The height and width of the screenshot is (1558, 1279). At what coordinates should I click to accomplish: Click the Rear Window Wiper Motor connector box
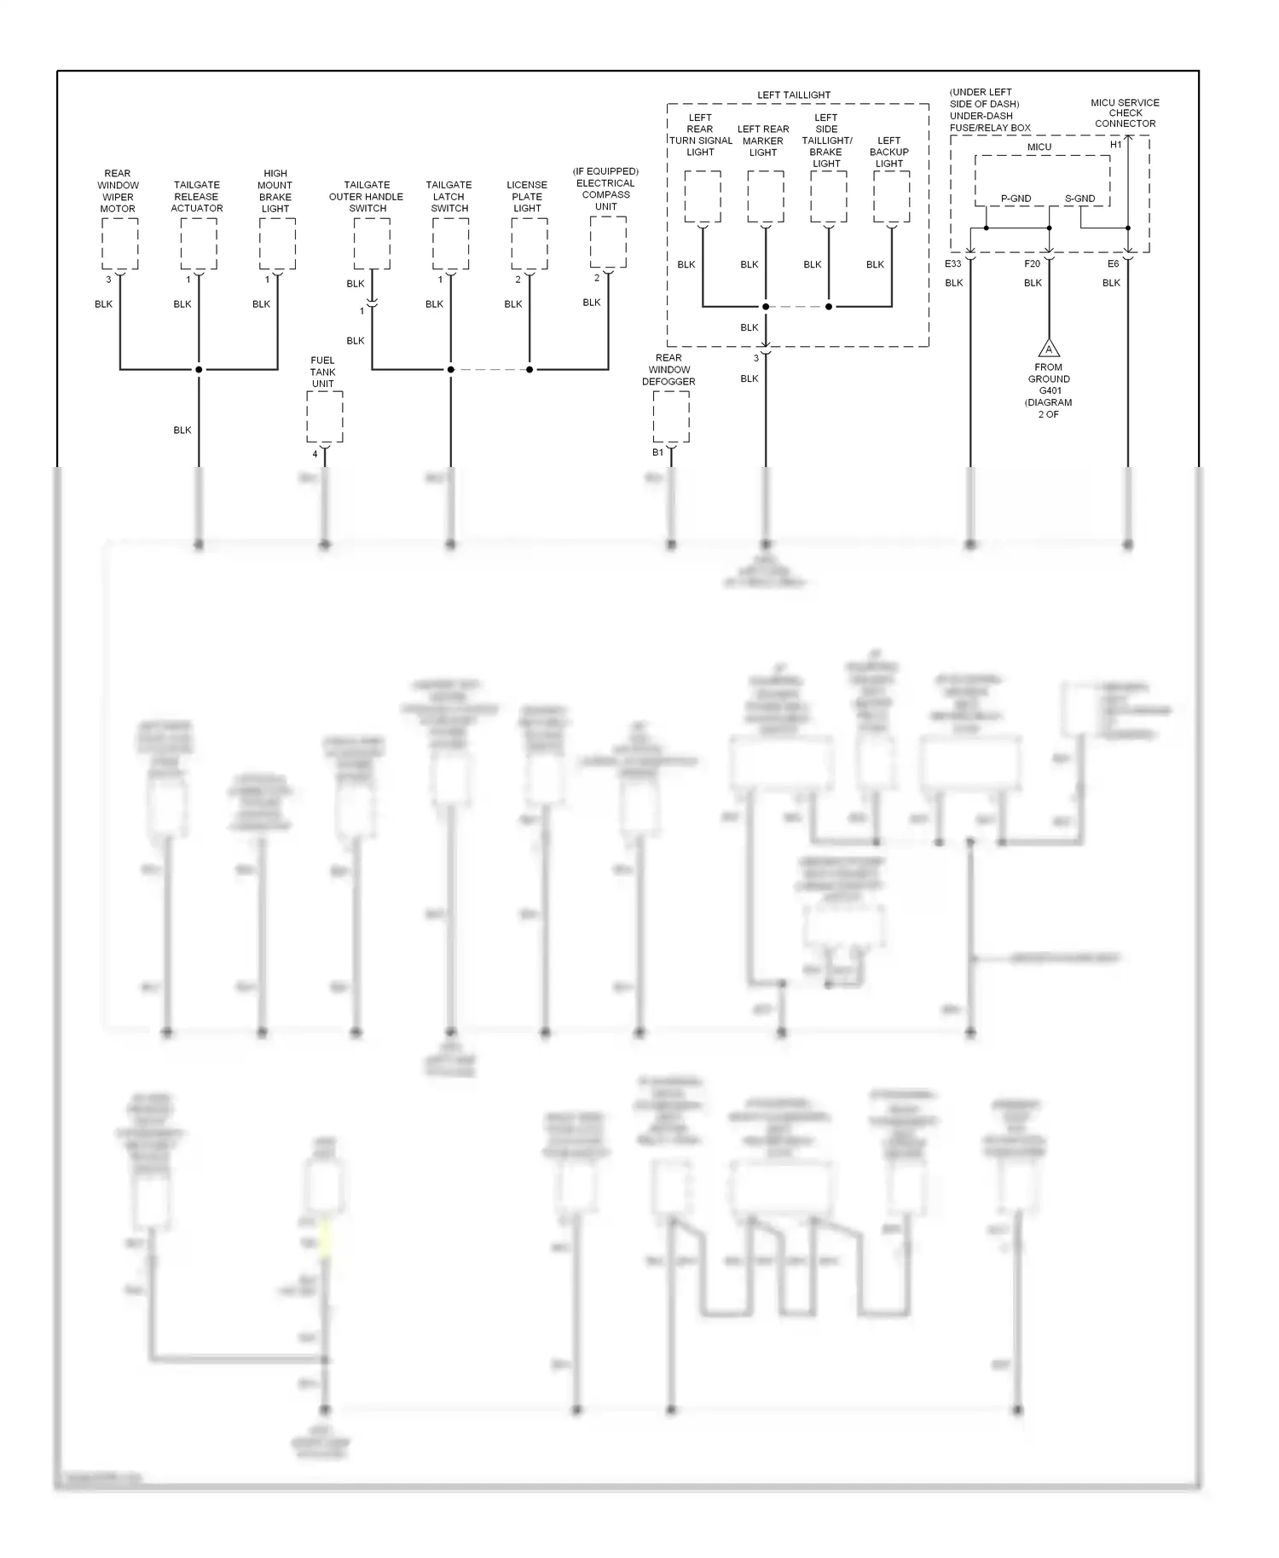[120, 244]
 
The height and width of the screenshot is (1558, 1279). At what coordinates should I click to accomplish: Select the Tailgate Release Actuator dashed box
[199, 244]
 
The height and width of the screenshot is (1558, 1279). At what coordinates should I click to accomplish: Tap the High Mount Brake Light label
[275, 191]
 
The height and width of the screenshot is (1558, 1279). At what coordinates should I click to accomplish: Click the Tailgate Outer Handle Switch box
[372, 244]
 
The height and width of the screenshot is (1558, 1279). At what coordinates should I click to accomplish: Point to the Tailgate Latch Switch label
[449, 196]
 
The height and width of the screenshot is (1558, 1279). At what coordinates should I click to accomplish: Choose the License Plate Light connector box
[530, 244]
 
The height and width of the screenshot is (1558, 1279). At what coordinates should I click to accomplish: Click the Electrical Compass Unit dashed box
[608, 242]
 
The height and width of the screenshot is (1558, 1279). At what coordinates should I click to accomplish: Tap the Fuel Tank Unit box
[325, 418]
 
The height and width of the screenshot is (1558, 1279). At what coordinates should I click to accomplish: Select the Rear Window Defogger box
[671, 417]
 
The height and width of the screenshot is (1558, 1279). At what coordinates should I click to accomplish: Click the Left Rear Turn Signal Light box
[703, 197]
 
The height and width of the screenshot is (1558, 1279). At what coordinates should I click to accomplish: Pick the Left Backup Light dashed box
[892, 197]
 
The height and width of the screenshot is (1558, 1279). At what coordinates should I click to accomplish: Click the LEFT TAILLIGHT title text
[794, 95]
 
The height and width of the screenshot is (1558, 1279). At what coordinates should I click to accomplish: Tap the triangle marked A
[1049, 349]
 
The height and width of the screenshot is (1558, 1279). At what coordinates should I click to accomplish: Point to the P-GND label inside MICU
[1016, 199]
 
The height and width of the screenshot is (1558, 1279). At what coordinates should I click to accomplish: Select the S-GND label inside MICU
[1079, 199]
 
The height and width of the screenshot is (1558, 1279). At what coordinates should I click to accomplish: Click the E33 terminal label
[952, 264]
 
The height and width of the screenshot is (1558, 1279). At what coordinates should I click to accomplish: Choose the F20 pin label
[1032, 264]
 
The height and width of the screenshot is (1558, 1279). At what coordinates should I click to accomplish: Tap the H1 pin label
[1115, 145]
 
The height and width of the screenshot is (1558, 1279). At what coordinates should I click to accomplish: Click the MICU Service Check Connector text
[1125, 113]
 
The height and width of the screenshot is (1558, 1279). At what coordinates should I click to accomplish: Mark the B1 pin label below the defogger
[657, 453]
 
